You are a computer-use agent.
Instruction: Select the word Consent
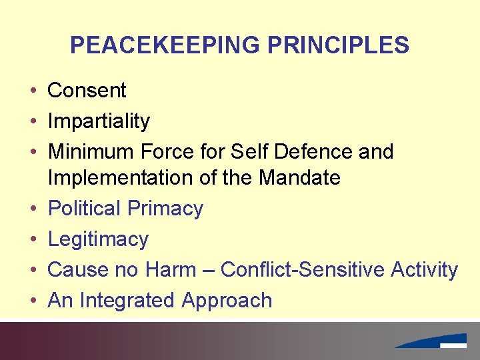(x=87, y=90)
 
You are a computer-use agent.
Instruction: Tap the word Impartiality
(x=99, y=121)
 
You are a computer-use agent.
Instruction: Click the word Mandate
(x=299, y=178)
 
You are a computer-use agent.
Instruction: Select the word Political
(x=84, y=209)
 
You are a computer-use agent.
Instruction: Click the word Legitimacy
(x=98, y=239)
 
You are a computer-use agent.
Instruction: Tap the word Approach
(x=227, y=301)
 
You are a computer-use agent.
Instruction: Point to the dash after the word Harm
(x=208, y=271)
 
